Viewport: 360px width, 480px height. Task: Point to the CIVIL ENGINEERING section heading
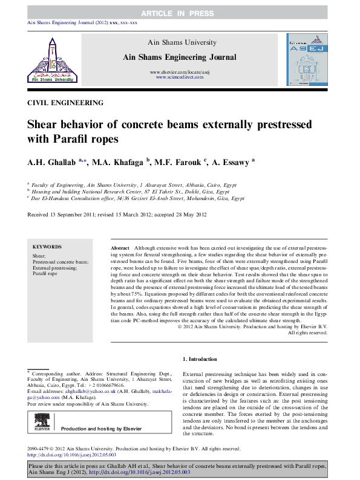[65, 102]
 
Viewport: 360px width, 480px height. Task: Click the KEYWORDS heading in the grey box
[47, 247]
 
